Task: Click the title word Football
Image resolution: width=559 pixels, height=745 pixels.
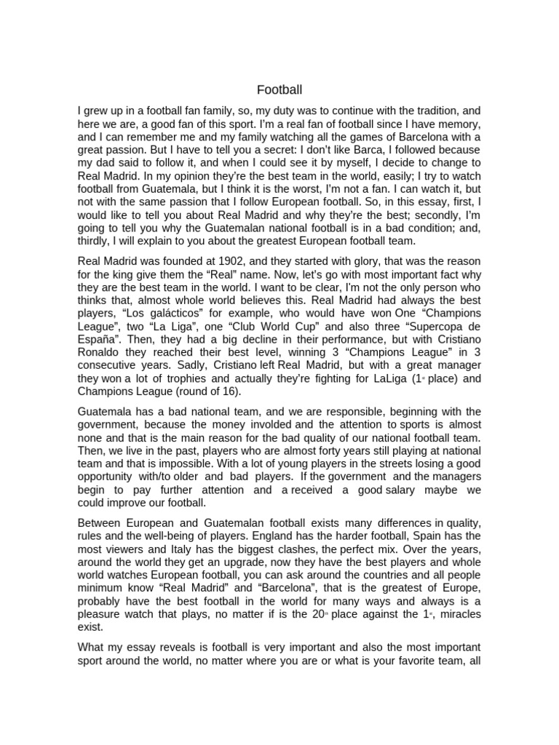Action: coord(279,90)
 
